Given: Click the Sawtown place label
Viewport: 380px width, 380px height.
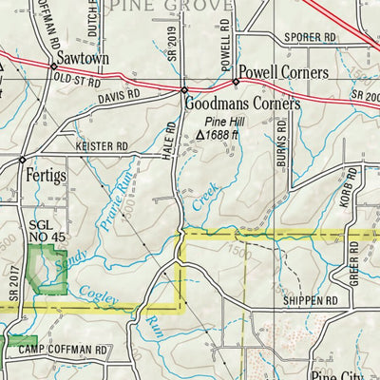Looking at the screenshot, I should pyautogui.click(x=83, y=59).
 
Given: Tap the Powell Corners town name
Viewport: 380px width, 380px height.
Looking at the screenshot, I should pyautogui.click(x=283, y=72).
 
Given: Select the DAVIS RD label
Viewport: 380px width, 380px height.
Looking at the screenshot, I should pyautogui.click(x=119, y=95).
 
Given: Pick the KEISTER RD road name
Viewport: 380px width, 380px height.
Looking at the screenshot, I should pyautogui.click(x=101, y=146).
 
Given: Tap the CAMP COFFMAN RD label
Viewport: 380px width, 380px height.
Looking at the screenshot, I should pyautogui.click(x=62, y=350).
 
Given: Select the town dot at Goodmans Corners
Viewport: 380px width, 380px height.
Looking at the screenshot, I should pyautogui.click(x=184, y=90).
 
